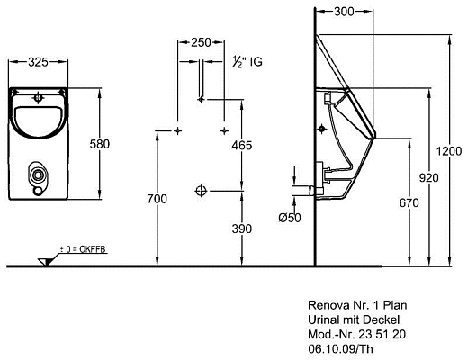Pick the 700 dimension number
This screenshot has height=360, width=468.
click(x=157, y=197)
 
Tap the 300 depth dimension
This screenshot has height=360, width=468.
click(x=342, y=13)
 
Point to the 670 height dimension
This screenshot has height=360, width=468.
click(x=409, y=203)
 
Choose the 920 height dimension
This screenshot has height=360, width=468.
click(x=431, y=179)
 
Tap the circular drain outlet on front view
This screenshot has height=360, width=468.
click(x=38, y=174)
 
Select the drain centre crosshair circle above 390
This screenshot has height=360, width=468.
click(x=201, y=190)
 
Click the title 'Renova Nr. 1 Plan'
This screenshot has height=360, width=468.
click(x=352, y=306)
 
